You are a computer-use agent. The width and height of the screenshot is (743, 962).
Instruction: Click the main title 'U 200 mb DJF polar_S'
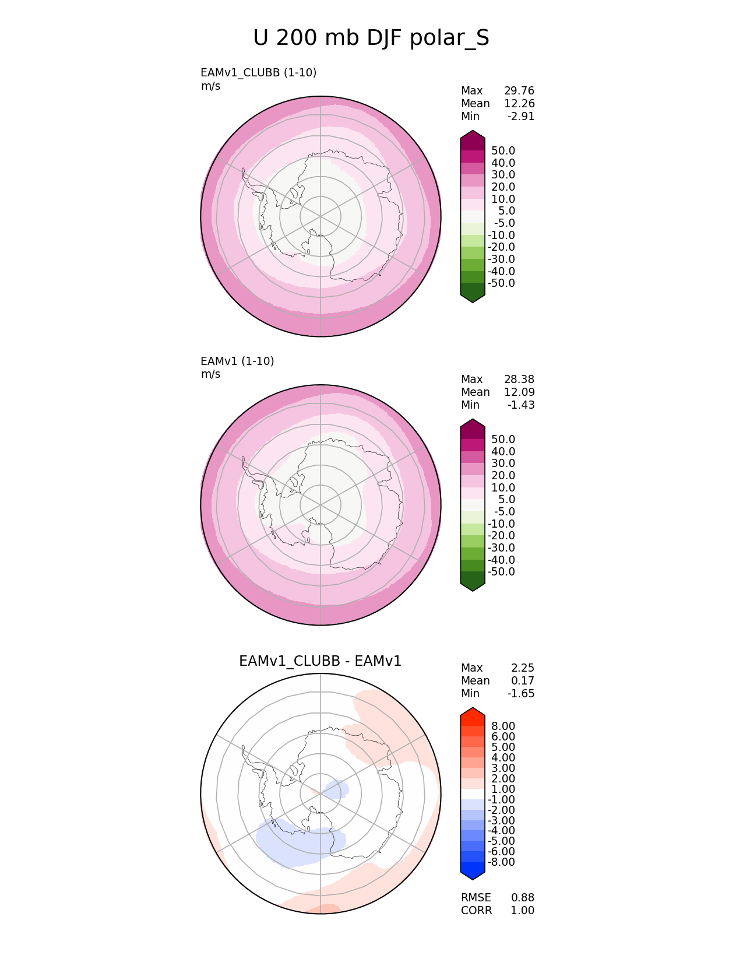click(371, 38)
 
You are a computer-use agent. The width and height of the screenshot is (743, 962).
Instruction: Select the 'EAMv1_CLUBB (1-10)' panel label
click(258, 73)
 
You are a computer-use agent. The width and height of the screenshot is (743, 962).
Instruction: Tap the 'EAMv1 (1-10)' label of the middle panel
click(237, 361)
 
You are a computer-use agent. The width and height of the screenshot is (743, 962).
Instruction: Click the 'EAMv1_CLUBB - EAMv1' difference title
click(320, 661)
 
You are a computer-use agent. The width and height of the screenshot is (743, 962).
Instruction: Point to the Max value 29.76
click(519, 91)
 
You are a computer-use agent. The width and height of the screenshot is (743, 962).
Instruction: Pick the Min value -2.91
click(521, 117)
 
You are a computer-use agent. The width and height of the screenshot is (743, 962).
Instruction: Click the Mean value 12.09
click(519, 392)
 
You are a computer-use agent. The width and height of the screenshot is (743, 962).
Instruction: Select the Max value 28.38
click(519, 380)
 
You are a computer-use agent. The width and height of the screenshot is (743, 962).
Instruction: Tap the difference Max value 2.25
click(523, 668)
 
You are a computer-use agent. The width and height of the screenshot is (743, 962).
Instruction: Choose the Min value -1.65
click(521, 694)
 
